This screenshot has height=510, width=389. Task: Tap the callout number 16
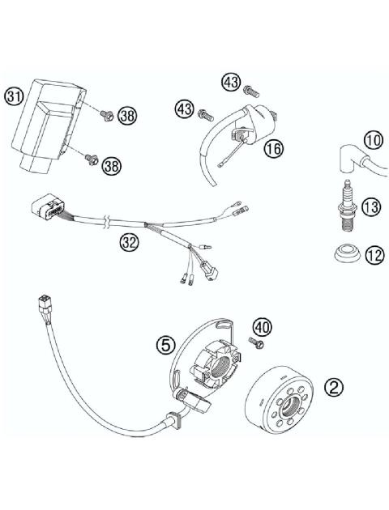coord(272,148)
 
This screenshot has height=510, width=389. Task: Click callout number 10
coord(372,141)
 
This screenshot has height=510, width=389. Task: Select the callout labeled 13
coord(371,207)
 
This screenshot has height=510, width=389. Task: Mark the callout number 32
coord(128,240)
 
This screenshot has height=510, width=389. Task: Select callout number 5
coord(167,344)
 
